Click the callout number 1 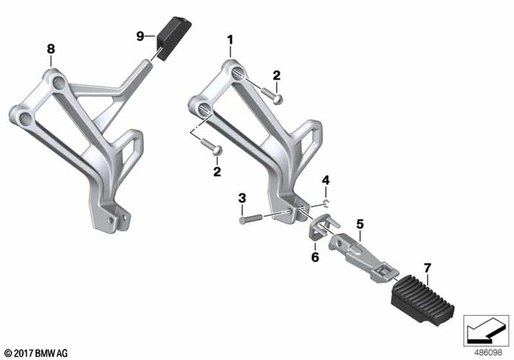pos(230,39)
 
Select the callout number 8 pos(51,49)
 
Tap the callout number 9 pos(140,36)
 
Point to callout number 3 pos(242,197)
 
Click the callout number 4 pos(326,178)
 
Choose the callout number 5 pos(360,223)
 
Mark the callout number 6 pos(315,257)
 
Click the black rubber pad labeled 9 pos(169,39)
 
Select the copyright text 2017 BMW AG pos(39,352)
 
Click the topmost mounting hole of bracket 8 pos(56,81)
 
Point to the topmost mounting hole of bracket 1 pos(238,74)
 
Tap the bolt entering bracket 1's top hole pos(271,96)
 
